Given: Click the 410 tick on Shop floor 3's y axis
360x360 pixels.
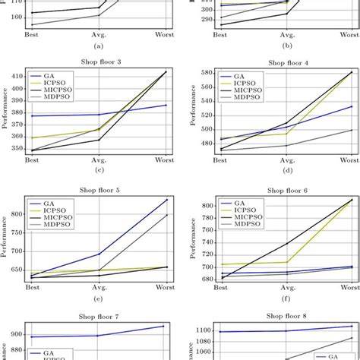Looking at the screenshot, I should tap(16, 74).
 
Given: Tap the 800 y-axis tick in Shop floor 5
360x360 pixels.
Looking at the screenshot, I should tap(16, 215).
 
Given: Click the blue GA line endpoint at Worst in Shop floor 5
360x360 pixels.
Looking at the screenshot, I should tap(166, 200).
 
